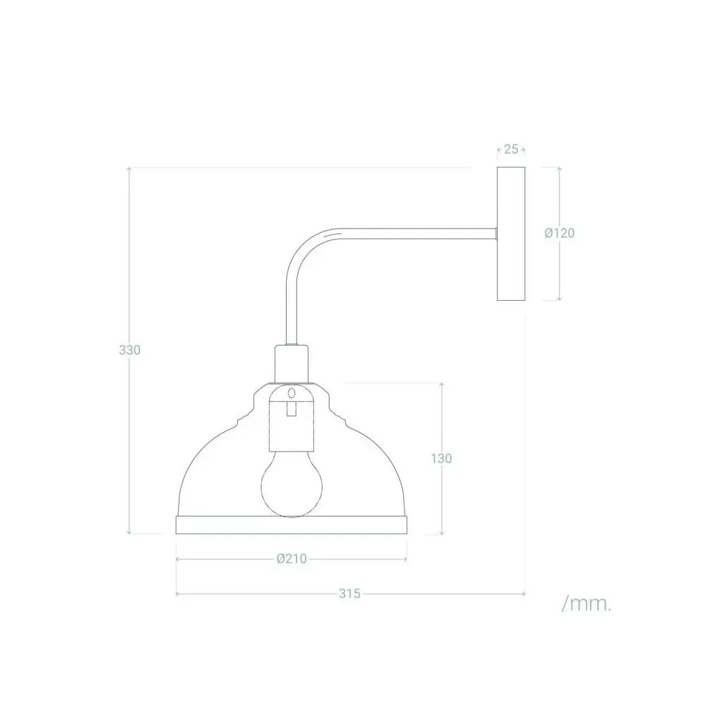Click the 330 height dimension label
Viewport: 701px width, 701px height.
click(130, 350)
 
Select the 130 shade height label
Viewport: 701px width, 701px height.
click(441, 458)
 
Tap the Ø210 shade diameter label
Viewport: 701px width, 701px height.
click(292, 559)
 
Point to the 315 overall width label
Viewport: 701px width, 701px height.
click(349, 594)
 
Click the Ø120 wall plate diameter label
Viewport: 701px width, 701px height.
click(559, 233)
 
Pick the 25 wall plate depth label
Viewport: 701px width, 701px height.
click(511, 149)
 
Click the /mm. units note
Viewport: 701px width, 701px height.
click(586, 604)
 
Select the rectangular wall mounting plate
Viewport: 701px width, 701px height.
click(511, 233)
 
